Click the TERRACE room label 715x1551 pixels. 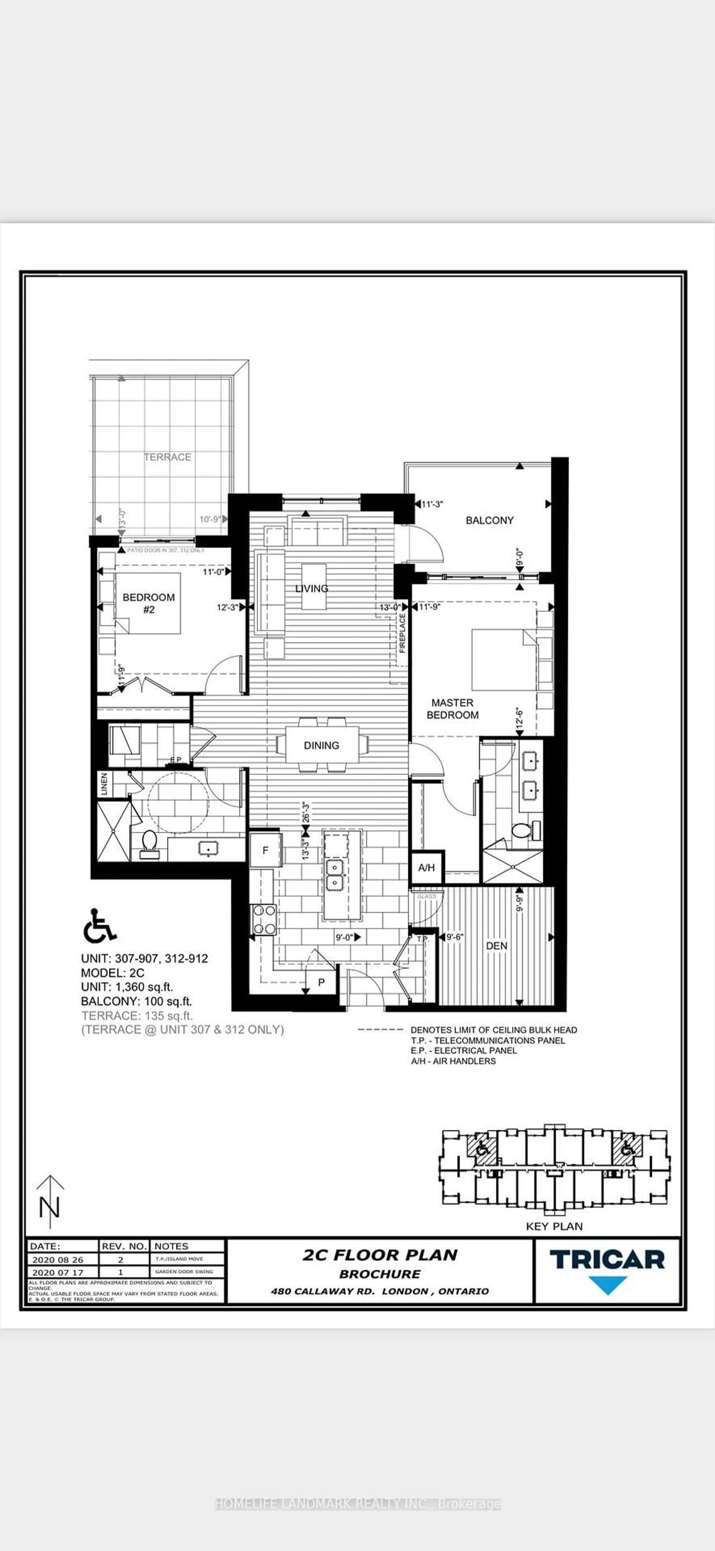[x=167, y=457]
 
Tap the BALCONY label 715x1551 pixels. [x=489, y=520]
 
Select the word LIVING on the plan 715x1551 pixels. [x=312, y=588]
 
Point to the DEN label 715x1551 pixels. [x=496, y=946]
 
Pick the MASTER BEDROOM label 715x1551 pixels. [x=452, y=709]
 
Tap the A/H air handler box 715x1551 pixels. [x=426, y=868]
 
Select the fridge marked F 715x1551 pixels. [x=265, y=850]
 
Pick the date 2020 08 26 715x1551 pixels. [x=58, y=1260]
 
